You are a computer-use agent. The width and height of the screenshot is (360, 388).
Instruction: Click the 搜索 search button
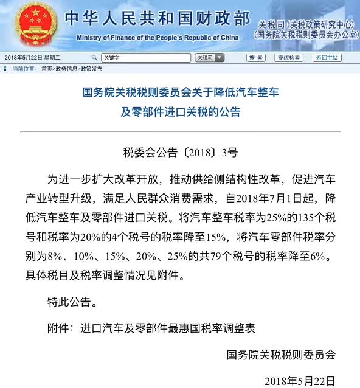[x=256, y=58]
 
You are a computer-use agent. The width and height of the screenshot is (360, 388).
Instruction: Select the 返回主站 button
[x=327, y=58]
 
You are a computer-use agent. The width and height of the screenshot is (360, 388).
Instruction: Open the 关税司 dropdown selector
[x=210, y=58]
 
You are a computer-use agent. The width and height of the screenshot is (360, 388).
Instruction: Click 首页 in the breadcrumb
[x=46, y=69]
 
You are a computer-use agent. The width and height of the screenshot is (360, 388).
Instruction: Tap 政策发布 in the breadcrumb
[x=91, y=69]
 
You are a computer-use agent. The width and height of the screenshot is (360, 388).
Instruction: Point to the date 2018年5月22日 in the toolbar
[x=23, y=58]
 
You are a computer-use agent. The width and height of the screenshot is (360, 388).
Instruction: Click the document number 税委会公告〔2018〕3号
[x=181, y=152]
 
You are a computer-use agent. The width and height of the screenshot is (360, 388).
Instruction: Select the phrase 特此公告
[x=71, y=301]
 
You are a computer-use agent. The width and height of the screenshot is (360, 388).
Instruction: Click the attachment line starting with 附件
[x=151, y=327]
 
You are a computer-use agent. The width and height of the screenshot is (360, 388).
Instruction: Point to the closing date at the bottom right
[x=300, y=381]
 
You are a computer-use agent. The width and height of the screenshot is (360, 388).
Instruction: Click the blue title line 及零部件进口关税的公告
[x=180, y=112]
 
